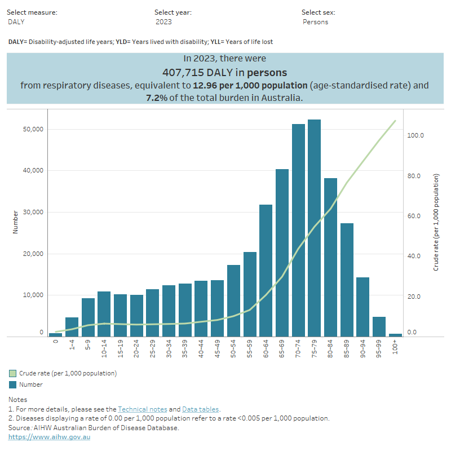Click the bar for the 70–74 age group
coord(298,231)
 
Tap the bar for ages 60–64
coord(266,271)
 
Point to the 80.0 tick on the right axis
coord(416,176)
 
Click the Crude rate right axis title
coord(436,222)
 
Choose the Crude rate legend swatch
coord(12,373)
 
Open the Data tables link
coord(200,409)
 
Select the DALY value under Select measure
coord(17,22)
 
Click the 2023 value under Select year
coord(164,22)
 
